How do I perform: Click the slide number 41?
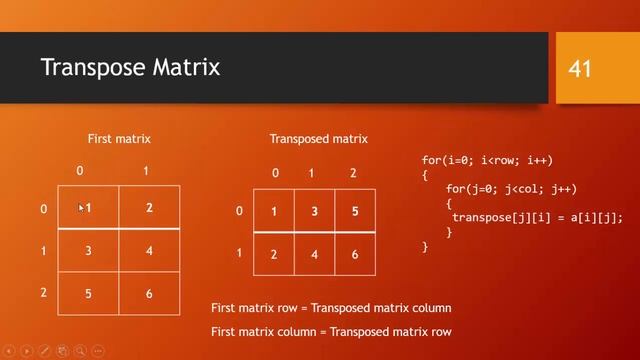click(580, 69)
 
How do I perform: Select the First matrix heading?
click(119, 139)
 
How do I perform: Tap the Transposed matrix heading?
click(319, 139)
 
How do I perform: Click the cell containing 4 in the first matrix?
click(149, 251)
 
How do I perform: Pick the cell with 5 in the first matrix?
click(88, 294)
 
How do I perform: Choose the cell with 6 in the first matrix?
click(149, 294)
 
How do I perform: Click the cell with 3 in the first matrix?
click(88, 251)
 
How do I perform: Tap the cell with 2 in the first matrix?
click(149, 208)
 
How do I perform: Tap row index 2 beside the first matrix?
click(43, 293)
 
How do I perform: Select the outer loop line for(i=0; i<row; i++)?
click(487, 160)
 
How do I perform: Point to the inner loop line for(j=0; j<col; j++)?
click(511, 189)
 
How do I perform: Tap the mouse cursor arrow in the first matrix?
click(81, 207)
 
